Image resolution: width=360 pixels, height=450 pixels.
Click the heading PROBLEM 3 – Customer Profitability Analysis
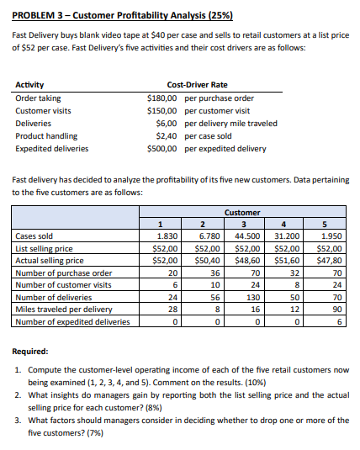(x=124, y=16)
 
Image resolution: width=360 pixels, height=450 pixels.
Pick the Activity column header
(x=30, y=85)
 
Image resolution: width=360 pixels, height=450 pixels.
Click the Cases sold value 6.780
(x=206, y=236)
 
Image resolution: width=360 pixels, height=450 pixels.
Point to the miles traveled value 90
(x=334, y=309)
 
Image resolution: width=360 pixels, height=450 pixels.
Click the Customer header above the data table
(x=243, y=213)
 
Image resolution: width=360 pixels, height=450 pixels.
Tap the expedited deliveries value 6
(x=336, y=321)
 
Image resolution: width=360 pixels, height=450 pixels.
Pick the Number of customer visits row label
(x=64, y=285)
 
